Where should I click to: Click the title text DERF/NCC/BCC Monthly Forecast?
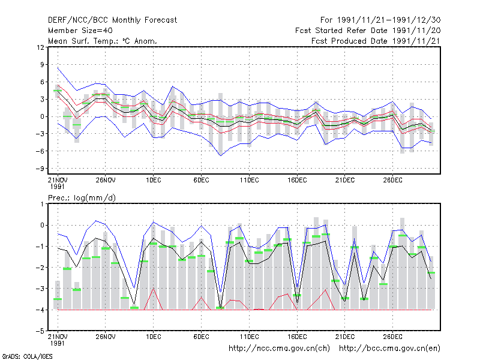[x=112, y=20]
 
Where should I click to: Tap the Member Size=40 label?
[x=80, y=31]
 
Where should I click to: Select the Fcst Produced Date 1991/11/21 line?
[x=376, y=41]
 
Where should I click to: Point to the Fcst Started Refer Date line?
[x=368, y=31]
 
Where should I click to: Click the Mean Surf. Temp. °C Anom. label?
[x=103, y=41]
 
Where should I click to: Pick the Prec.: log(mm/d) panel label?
[x=82, y=198]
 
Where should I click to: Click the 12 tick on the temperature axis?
[x=40, y=47]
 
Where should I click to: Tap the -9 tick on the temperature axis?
[x=39, y=169]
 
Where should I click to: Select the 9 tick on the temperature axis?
[x=42, y=65]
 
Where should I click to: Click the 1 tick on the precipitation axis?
[x=42, y=204]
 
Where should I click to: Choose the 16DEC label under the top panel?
[x=297, y=181]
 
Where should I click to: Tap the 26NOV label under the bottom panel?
[x=106, y=337]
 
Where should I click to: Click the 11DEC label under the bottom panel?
[x=249, y=337]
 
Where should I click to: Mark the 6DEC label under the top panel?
[x=201, y=181]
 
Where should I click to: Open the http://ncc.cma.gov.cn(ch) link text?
[x=279, y=349]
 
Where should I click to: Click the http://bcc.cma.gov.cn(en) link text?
[x=389, y=349]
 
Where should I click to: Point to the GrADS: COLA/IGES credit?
[x=28, y=356]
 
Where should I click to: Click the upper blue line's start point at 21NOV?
[x=58, y=68]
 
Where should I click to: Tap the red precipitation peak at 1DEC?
[x=154, y=289]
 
